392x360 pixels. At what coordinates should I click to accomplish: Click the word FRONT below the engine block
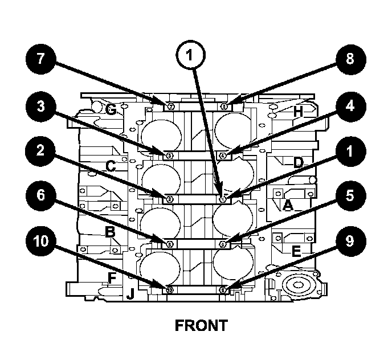pyautogui.click(x=201, y=326)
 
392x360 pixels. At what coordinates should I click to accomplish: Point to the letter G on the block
pyautogui.click(x=111, y=111)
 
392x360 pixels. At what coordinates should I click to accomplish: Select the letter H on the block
pyautogui.click(x=297, y=112)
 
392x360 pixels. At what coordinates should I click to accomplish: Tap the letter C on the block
pyautogui.click(x=112, y=166)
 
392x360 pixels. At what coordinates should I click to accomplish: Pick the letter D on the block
pyautogui.click(x=298, y=163)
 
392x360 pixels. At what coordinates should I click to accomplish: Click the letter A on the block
pyautogui.click(x=288, y=206)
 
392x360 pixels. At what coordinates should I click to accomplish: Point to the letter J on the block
pyautogui.click(x=130, y=294)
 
